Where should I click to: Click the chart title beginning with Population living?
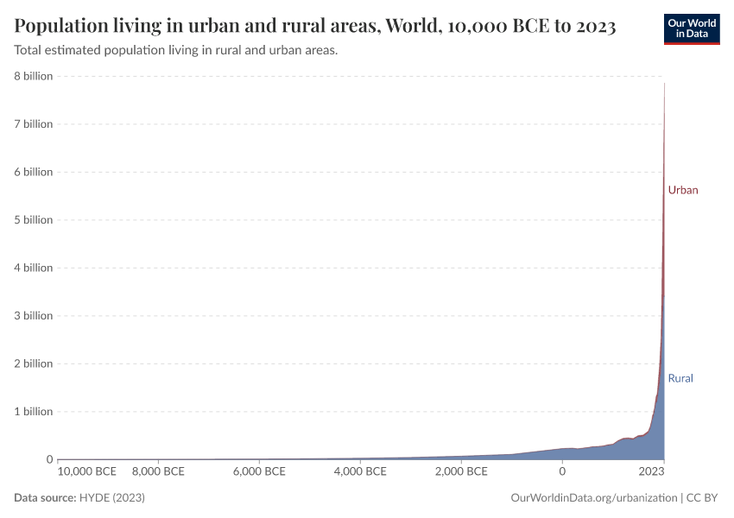click(315, 26)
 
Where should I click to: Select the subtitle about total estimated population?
click(176, 50)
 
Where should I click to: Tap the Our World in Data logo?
click(691, 28)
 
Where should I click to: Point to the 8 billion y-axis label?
click(32, 76)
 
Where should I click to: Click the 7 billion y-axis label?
click(32, 124)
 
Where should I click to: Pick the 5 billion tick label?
click(32, 220)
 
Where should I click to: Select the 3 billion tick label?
click(32, 316)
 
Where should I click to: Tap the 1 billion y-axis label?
click(32, 412)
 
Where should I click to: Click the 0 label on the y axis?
click(49, 459)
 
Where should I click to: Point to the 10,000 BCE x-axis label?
click(87, 472)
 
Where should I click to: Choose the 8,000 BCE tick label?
click(158, 472)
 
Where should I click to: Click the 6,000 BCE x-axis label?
click(259, 472)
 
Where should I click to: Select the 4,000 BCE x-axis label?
click(360, 472)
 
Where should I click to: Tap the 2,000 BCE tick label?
click(461, 472)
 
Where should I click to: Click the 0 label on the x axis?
click(562, 472)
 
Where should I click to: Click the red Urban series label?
click(682, 190)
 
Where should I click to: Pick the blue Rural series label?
click(680, 378)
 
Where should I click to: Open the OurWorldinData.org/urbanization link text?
click(594, 498)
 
